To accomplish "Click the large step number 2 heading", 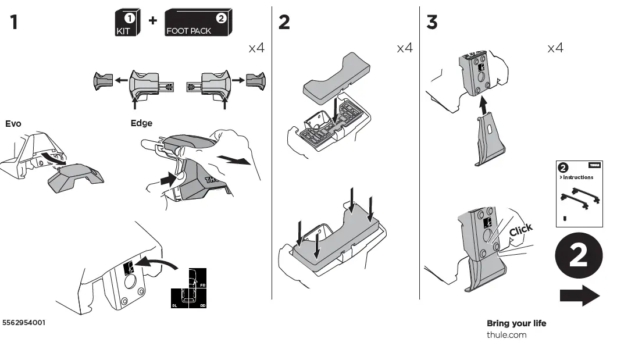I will pos(284,22).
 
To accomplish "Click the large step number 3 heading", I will pos(432,22).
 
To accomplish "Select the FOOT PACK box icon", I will pos(197,23).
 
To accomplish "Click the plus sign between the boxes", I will pos(152,20).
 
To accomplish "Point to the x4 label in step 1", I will pos(256,48).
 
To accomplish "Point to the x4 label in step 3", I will pos(555,48).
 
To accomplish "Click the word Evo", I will pos(13,123).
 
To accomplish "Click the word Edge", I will pos(141,123).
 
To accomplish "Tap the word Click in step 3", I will pos(520,230).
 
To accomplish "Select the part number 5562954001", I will pos(24,322).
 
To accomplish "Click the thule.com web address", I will pos(507,334).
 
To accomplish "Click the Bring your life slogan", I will pos(516,323).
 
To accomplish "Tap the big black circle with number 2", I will pos(578,256).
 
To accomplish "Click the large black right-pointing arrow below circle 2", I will pos(579,295).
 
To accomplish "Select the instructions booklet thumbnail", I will pos(579,194).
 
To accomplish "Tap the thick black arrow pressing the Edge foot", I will pos(169,180).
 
